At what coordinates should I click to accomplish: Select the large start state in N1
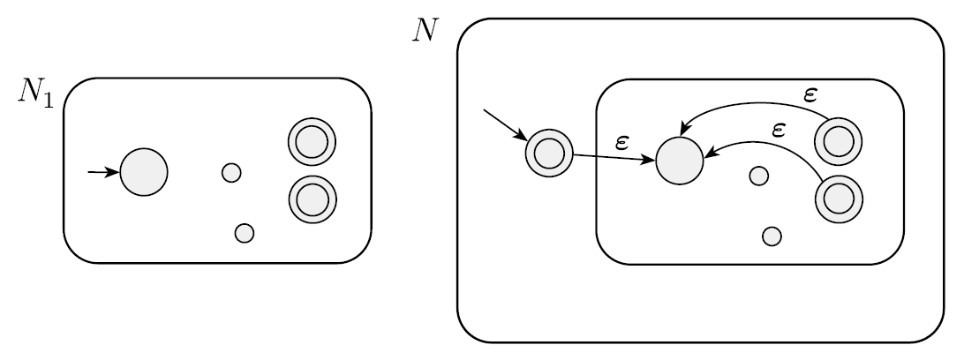pyautogui.click(x=143, y=172)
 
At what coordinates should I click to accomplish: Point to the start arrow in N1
pyautogui.click(x=103, y=172)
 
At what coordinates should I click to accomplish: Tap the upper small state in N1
pyautogui.click(x=231, y=173)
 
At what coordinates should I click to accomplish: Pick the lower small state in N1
pyautogui.click(x=245, y=233)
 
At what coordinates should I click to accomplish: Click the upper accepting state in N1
pyautogui.click(x=312, y=142)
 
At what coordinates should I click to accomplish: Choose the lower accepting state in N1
pyautogui.click(x=312, y=199)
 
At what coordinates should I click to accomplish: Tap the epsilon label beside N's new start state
pyautogui.click(x=621, y=141)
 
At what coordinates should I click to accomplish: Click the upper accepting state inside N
pyautogui.click(x=838, y=139)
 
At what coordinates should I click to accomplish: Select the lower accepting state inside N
pyautogui.click(x=838, y=199)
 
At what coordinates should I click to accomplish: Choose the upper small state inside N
pyautogui.click(x=758, y=176)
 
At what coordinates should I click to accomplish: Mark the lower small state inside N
pyautogui.click(x=772, y=236)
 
